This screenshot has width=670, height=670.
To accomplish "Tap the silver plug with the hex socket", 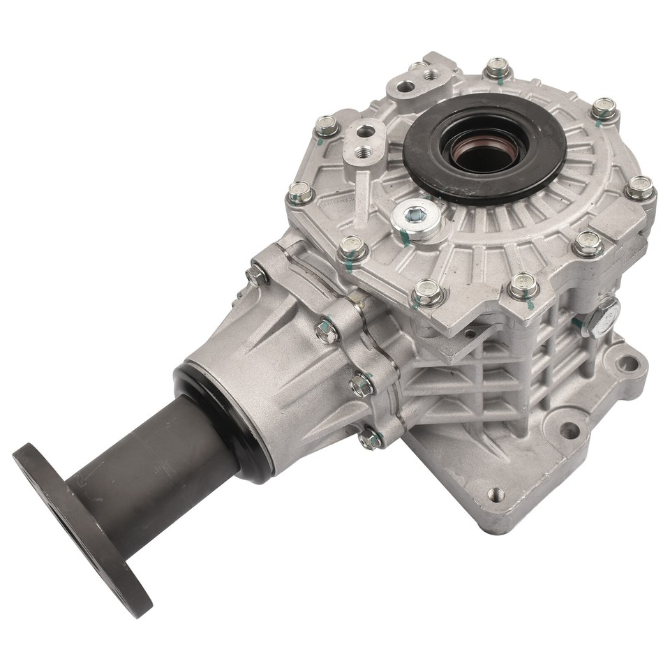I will click(x=417, y=218).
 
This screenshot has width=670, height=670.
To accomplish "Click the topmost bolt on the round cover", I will click(x=497, y=68).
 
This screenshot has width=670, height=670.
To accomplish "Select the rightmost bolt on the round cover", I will click(x=639, y=187).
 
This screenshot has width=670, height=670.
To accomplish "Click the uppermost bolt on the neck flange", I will click(x=257, y=275).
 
